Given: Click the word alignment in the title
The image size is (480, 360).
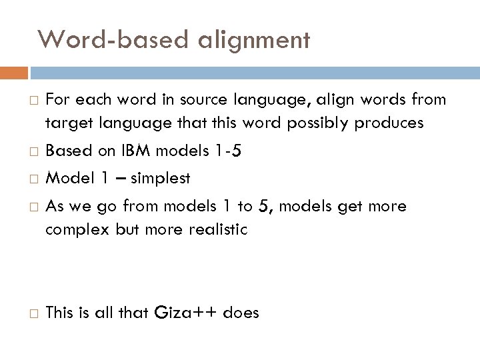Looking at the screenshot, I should click(x=254, y=41).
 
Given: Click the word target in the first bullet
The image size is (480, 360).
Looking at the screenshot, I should click(x=67, y=123).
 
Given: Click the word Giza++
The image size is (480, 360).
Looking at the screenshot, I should click(x=188, y=312).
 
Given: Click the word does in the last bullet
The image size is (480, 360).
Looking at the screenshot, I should click(x=241, y=312).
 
